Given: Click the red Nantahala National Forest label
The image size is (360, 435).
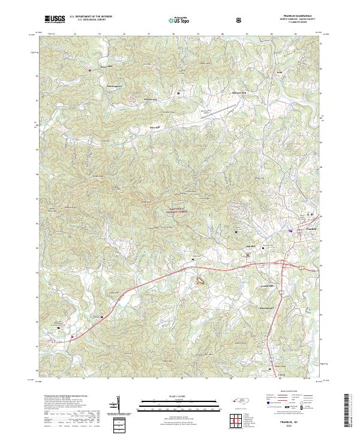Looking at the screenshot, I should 178,209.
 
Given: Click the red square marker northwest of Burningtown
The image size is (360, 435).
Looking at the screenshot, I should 90,70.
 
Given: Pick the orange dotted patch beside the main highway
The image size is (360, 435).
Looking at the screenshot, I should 199,280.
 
